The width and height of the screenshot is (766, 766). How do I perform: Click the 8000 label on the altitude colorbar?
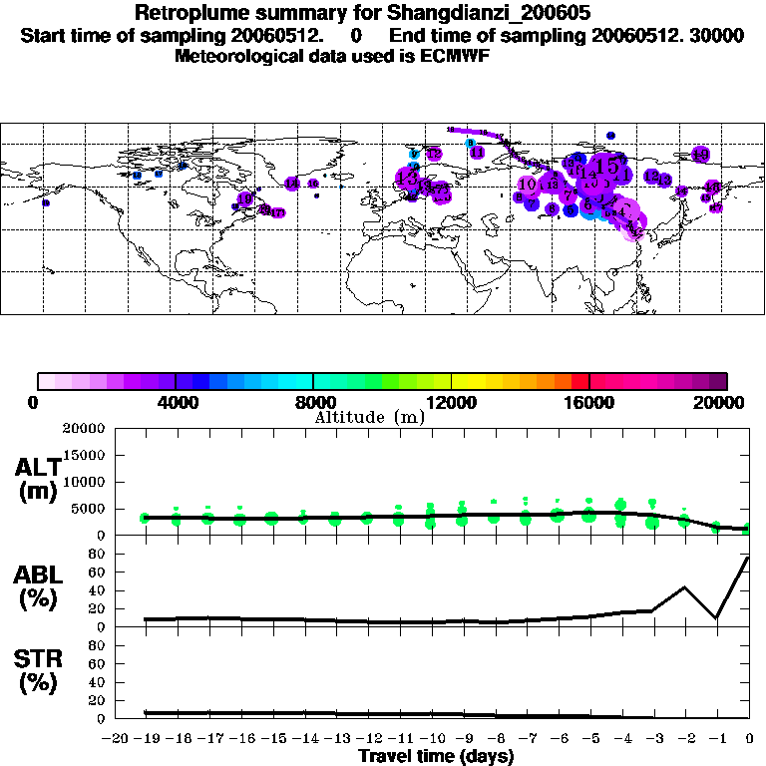[x=313, y=402]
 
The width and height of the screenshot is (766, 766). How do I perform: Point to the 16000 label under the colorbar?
[x=589, y=402]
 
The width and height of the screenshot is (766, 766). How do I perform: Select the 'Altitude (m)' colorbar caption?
[x=368, y=417]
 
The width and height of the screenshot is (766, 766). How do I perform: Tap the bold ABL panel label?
[x=37, y=588]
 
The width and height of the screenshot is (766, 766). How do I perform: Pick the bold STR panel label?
[x=37, y=672]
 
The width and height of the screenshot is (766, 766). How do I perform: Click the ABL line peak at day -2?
[x=684, y=586]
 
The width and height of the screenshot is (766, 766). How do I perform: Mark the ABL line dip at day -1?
[x=716, y=618]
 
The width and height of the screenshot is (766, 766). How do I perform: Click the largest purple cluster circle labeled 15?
[x=605, y=167]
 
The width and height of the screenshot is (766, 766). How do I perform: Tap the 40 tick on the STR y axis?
[x=97, y=682]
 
